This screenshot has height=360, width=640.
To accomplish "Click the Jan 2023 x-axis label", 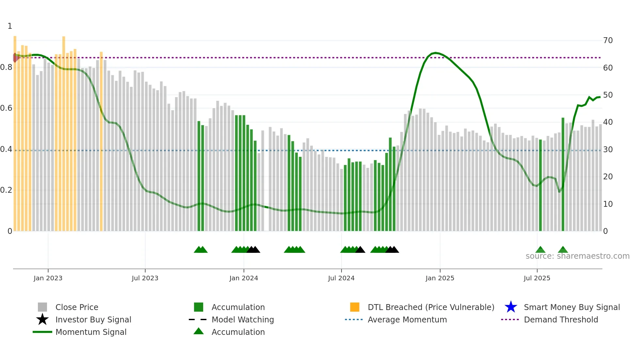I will (48, 278).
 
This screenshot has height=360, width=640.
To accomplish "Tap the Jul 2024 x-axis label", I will (341, 278).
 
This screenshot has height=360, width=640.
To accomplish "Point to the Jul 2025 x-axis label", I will (537, 278).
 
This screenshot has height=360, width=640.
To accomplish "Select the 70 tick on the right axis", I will (608, 41).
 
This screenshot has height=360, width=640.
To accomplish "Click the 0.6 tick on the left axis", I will (6, 108).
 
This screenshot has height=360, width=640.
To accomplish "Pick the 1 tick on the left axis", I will (10, 26).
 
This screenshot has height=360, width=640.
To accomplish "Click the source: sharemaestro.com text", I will (577, 256).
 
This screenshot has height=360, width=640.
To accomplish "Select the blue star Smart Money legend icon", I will (511, 307).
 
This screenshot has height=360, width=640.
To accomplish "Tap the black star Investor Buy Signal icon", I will (42, 319).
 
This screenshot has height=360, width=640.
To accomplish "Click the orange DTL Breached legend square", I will (355, 307).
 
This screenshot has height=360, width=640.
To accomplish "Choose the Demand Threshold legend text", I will (561, 319).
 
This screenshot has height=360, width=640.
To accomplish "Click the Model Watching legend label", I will (243, 319).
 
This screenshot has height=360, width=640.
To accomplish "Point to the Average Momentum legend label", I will (407, 319).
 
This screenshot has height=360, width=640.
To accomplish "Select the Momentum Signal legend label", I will (91, 332).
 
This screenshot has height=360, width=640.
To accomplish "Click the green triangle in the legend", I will (199, 331).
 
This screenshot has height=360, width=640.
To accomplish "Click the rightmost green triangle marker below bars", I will (563, 250).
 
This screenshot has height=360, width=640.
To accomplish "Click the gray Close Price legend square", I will (42, 307).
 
